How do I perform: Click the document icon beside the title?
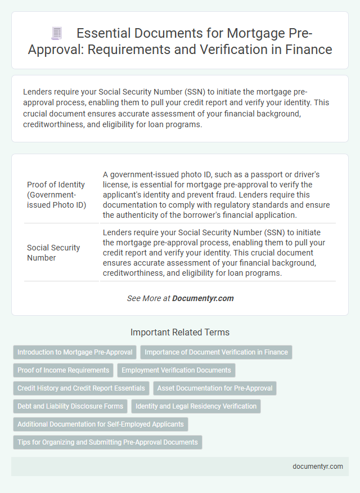56,34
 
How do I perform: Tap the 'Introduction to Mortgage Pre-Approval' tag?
75,352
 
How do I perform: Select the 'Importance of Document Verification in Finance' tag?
216,352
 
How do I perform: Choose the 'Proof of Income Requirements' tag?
63,370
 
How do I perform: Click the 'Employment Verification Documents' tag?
176,370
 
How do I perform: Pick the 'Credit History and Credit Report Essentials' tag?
81,388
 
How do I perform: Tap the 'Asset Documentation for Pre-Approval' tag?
214,388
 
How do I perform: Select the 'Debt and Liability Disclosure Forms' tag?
70,406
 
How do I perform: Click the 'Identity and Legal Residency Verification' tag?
196,406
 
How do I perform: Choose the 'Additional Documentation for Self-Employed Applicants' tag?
100,424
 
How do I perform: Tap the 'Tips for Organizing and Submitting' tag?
107,442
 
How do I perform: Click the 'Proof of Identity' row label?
56,194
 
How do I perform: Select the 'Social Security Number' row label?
53,253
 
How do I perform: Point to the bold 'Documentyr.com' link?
203,298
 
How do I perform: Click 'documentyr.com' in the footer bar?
318,467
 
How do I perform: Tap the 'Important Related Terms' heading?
179,332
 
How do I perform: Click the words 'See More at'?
148,298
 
